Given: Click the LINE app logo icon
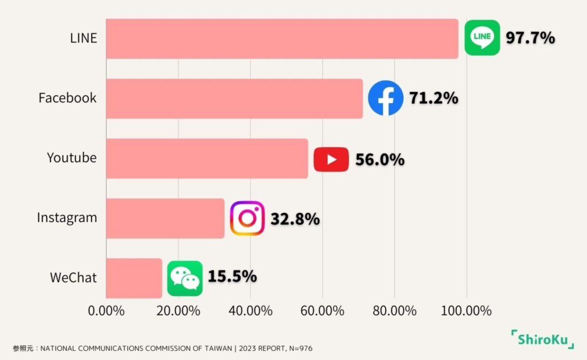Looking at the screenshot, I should click(x=482, y=38).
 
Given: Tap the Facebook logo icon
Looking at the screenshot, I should click(x=385, y=98).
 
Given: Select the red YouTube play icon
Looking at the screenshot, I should click(x=331, y=159).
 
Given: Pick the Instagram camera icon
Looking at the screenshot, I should click(x=247, y=218).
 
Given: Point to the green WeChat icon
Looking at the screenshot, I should click(x=185, y=278).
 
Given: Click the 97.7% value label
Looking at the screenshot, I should click(x=530, y=38).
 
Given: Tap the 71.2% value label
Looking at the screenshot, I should click(x=433, y=98).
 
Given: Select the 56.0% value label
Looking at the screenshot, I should click(x=379, y=159).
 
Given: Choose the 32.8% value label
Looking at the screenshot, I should click(x=295, y=218).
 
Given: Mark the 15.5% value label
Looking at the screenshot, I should click(x=232, y=276).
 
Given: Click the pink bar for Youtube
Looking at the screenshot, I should click(x=207, y=158).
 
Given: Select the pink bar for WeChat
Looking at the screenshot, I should click(x=134, y=278).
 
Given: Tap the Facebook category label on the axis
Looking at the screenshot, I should click(x=68, y=98).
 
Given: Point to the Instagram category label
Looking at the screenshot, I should click(x=67, y=218).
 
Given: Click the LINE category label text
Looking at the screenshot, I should click(x=84, y=38).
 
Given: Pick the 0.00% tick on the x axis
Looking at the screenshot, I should click(x=107, y=311).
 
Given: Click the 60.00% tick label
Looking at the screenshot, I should click(x=323, y=311).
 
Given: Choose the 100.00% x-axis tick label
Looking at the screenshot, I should click(x=466, y=311).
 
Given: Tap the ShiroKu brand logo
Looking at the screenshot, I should click(x=542, y=339).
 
